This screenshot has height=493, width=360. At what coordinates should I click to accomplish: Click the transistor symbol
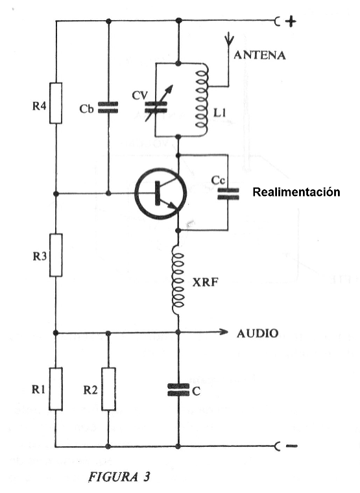[x=160, y=194]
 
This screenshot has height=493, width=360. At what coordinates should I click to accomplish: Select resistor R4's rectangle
[x=56, y=103]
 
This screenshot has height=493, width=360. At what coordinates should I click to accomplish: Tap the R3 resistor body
[x=56, y=255]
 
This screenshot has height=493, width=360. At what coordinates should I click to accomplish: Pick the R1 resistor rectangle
[x=56, y=389]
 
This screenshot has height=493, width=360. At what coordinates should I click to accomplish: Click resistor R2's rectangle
[x=108, y=389]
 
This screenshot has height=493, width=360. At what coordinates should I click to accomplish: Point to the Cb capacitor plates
[x=108, y=107]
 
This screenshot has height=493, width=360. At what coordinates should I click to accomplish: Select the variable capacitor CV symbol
[x=156, y=104]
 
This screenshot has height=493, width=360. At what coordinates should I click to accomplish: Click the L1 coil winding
[x=202, y=99]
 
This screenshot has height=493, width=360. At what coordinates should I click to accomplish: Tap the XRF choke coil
[x=178, y=280]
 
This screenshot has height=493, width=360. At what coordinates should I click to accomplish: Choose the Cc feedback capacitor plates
[x=228, y=194]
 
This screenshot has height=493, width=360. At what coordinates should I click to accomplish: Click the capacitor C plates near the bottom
[x=178, y=390]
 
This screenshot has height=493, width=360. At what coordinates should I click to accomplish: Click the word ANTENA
[x=259, y=55]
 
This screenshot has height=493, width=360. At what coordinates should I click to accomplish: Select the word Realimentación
[x=296, y=192]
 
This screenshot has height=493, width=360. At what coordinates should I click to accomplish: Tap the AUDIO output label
[x=258, y=333]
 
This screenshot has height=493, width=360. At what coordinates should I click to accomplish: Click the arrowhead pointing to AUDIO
[x=224, y=332]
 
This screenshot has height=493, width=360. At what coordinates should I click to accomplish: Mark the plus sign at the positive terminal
[x=291, y=21]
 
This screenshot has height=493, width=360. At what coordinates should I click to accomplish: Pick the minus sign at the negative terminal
[x=291, y=446]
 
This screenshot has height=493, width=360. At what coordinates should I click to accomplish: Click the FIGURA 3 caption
[x=119, y=477]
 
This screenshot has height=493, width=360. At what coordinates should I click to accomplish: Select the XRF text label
[x=205, y=282]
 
